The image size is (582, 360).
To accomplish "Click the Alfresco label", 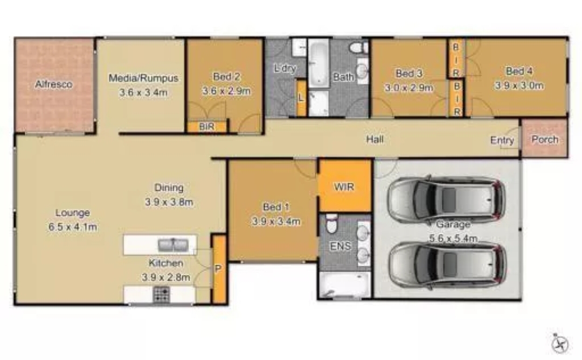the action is (x=54, y=84).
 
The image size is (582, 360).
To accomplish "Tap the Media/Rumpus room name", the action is (x=143, y=78).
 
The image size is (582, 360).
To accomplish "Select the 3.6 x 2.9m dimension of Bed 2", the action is (x=226, y=91).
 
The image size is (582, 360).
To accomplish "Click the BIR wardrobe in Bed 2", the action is (x=207, y=127).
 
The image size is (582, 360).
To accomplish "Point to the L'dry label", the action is (x=285, y=68).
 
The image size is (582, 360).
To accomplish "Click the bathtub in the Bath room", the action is (x=318, y=63).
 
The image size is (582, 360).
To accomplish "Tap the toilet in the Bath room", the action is (x=358, y=47).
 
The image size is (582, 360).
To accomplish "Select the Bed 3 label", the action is (x=408, y=73).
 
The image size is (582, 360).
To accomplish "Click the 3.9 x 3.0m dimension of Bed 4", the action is (x=519, y=85).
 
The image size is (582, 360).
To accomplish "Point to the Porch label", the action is (x=545, y=140).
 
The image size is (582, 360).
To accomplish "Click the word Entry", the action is (x=502, y=140).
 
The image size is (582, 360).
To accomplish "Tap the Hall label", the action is (x=375, y=140).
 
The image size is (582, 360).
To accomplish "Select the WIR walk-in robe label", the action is (x=344, y=186).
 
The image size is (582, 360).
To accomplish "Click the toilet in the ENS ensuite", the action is (x=331, y=224).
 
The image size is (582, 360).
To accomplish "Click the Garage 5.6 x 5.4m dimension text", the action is (x=453, y=238).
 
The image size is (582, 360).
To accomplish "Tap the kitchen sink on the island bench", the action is (x=173, y=245).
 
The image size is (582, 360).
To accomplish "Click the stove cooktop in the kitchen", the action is (x=162, y=294).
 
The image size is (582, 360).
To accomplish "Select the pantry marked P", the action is (x=219, y=269).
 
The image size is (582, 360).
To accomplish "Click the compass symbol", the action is (x=560, y=344).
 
